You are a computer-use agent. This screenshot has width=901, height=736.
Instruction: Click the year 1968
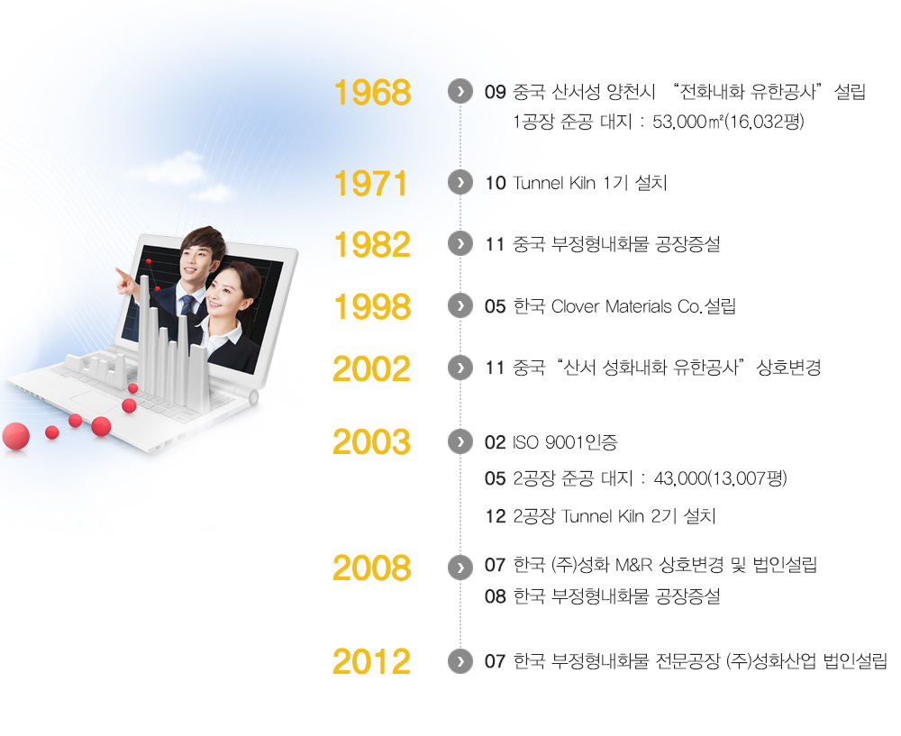click(x=372, y=92)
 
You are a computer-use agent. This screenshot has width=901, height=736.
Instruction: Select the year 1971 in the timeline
click(x=370, y=183)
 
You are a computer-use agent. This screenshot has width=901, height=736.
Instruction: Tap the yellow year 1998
click(x=372, y=306)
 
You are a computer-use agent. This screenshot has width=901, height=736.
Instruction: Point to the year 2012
click(x=372, y=661)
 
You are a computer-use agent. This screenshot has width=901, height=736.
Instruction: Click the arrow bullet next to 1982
click(x=460, y=243)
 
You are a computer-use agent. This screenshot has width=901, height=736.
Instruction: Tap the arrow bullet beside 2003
click(x=460, y=441)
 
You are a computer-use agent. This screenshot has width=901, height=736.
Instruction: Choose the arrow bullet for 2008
click(x=460, y=567)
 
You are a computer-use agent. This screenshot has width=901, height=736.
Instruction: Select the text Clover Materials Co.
click(x=626, y=306)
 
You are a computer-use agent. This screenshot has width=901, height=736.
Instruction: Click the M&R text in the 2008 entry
click(x=633, y=565)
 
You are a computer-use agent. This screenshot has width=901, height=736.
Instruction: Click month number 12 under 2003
click(x=496, y=516)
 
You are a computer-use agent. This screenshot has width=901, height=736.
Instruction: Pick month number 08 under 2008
click(x=496, y=596)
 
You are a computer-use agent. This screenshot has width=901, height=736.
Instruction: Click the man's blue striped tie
click(x=187, y=304)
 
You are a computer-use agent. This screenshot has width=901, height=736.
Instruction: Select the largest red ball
click(x=16, y=436)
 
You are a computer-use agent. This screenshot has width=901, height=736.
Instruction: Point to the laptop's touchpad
click(x=94, y=400)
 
